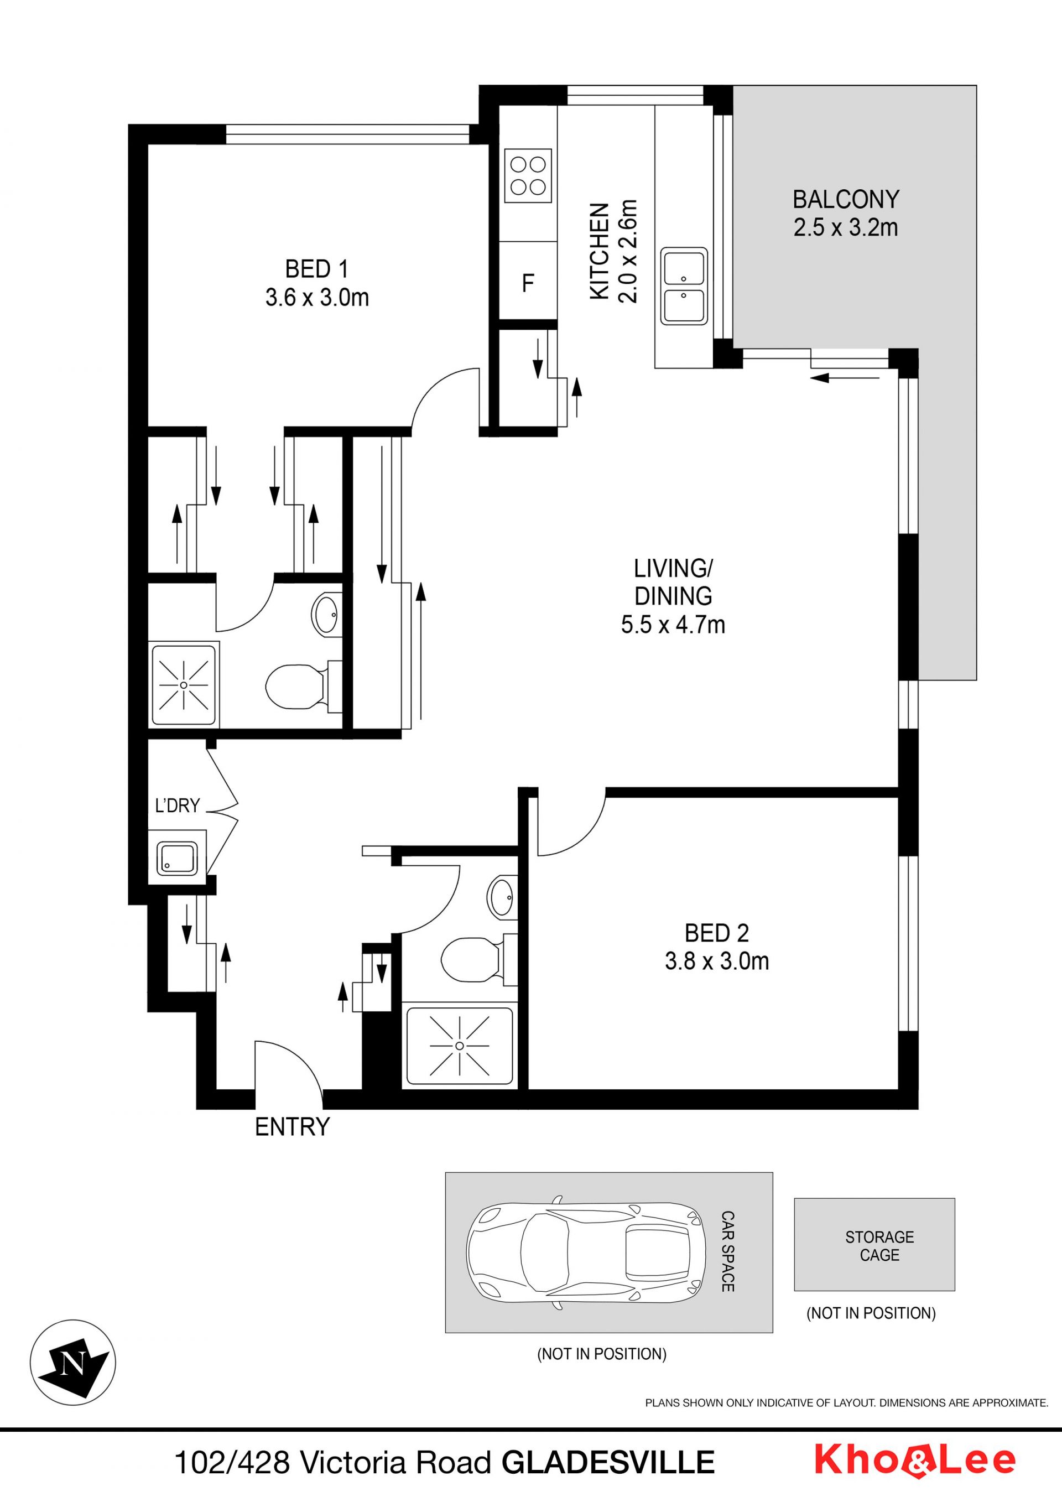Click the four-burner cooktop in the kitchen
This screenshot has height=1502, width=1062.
(528, 176)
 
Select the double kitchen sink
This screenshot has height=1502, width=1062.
(683, 286)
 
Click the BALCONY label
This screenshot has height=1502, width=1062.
(846, 199)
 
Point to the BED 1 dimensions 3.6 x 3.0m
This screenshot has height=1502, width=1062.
(317, 298)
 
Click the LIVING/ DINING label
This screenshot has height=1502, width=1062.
(674, 582)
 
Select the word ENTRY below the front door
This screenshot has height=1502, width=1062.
(292, 1126)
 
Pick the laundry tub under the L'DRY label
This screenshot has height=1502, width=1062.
(176, 857)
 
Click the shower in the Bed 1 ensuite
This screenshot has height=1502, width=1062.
(183, 685)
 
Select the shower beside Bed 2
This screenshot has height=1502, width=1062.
(459, 1046)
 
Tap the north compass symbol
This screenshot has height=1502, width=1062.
(73, 1363)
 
